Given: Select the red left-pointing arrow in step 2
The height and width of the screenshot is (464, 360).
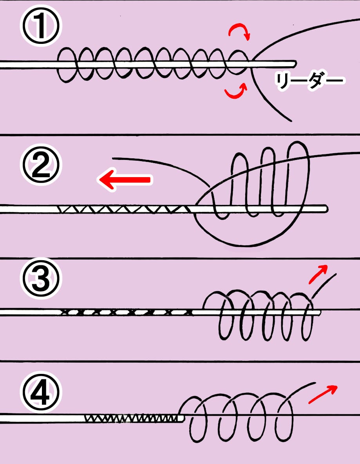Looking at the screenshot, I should [x=124, y=180].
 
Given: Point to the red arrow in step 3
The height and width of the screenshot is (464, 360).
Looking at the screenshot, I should [x=318, y=273].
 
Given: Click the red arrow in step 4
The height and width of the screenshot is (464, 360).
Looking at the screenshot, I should [x=324, y=394].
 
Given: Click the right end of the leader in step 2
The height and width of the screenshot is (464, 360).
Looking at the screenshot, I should [x=326, y=208].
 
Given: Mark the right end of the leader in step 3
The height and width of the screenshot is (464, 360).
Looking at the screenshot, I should [x=319, y=312].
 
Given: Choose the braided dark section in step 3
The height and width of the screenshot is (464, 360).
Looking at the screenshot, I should [x=125, y=312].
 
